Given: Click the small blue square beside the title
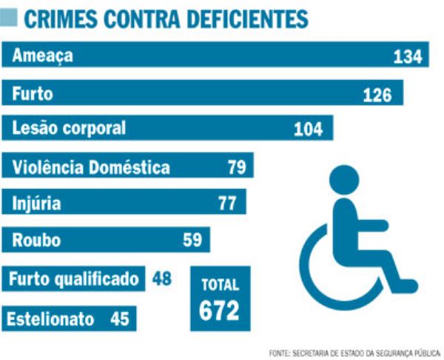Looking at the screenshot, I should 10,18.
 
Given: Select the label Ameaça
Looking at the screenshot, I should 43,56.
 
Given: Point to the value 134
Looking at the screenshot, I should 406,57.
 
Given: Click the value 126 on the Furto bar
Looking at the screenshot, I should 379,94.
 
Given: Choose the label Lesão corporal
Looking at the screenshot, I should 70,128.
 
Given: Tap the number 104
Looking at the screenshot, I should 309,129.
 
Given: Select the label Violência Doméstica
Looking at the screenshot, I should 91,167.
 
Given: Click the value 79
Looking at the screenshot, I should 236,167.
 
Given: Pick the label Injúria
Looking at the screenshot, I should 36,203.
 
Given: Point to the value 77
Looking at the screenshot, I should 227,203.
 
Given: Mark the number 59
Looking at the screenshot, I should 192,240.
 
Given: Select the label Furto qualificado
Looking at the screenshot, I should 74,279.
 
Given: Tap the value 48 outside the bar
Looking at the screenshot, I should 162,279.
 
